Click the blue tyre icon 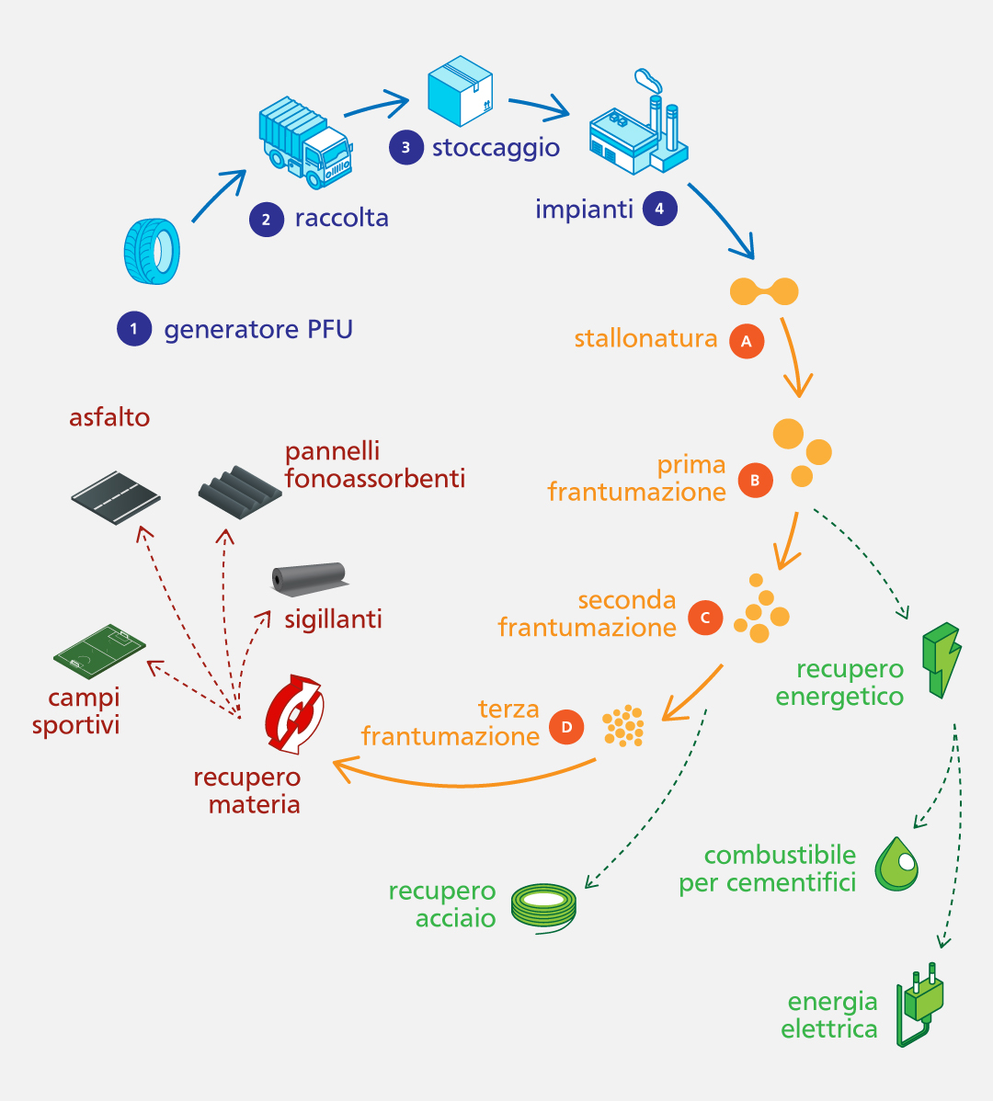pos(152,250)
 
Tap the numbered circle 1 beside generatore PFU pos(133,329)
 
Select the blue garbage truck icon pos(304,143)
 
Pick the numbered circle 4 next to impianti pos(659,210)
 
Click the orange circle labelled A pos(747,341)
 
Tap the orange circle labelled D pos(566,728)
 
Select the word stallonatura pos(645,339)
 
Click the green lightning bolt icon pos(942,659)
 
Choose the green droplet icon pos(896,864)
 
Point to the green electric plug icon pos(921,1005)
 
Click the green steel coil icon pos(543,908)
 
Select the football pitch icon pos(99,649)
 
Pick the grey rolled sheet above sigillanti pos(309,580)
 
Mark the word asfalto pos(109,417)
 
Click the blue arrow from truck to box pos(376,103)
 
